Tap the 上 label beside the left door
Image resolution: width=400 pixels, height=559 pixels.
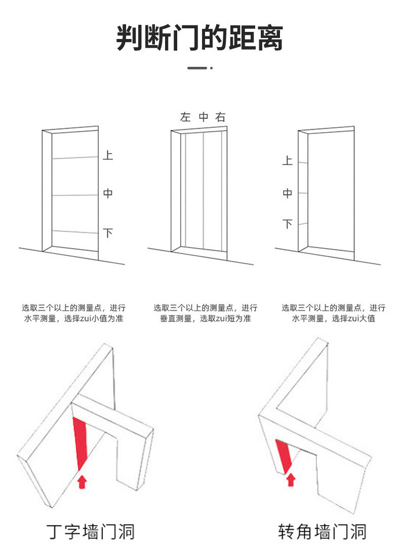pos(108,155)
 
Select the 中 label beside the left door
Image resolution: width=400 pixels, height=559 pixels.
pos(108,193)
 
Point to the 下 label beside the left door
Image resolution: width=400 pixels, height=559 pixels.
pos(108,233)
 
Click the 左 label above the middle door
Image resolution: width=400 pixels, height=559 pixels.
pos(185,117)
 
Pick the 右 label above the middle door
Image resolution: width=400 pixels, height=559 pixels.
pos(220,117)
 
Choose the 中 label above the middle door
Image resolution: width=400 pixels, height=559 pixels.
pos(204,117)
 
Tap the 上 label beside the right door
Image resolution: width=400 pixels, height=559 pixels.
pos(288,161)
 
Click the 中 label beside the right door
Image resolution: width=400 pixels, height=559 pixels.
pos(288,193)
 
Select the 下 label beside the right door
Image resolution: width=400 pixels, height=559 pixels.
pos(288,223)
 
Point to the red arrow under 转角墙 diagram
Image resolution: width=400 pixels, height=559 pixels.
pos(291,479)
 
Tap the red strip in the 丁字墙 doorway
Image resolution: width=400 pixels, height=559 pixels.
pos(80,442)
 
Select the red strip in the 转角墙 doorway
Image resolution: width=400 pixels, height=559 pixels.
pos(284,454)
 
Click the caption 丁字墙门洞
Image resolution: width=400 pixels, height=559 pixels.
pos(91,532)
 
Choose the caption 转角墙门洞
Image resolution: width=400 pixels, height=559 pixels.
pos(323,532)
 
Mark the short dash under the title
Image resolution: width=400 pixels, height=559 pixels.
pos(197,68)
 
